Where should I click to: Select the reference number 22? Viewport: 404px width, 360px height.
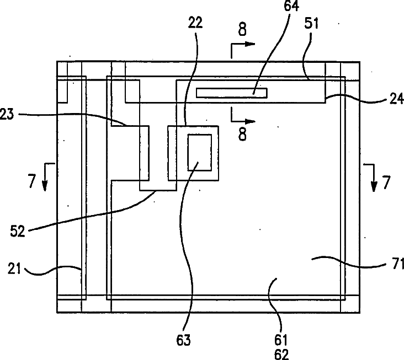coord(195,23)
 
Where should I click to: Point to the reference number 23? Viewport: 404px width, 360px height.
coord(8,114)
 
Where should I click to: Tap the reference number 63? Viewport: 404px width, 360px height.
coord(184,340)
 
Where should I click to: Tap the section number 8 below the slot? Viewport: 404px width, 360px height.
coord(242,134)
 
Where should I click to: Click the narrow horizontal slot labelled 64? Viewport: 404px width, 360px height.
coord(231,93)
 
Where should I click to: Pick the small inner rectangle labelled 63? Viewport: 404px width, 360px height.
coord(199,152)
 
